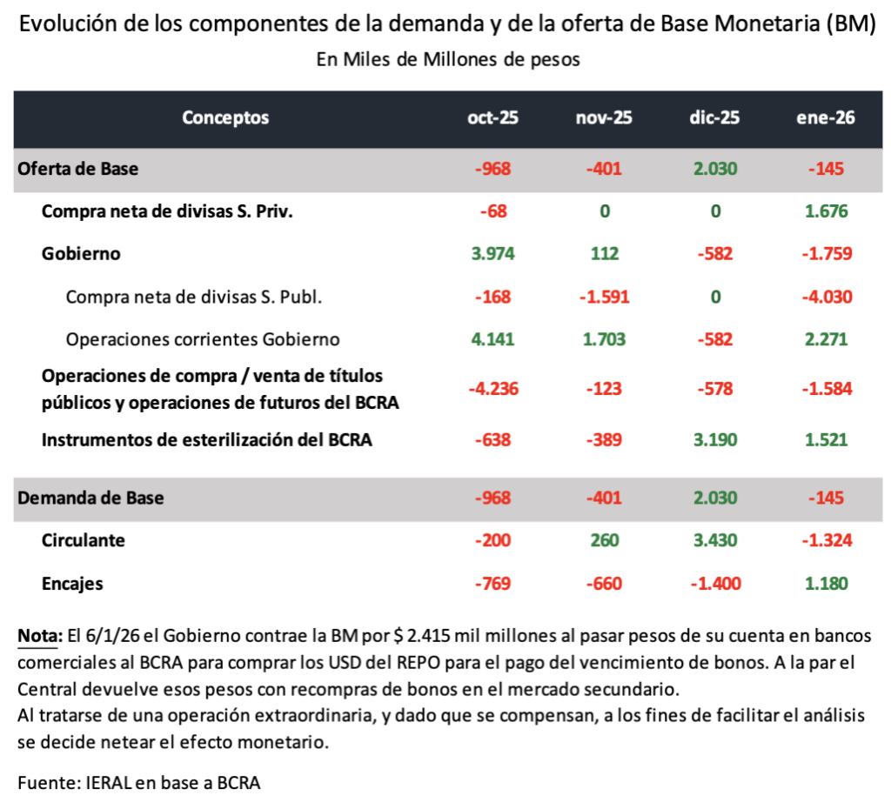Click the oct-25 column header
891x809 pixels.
pos(492,118)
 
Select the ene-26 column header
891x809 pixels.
pos(825,118)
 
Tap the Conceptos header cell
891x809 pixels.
pos(225,118)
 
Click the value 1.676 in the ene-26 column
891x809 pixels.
pos(825,211)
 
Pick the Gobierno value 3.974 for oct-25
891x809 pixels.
pos(492,253)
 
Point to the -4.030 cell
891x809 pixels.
pos(825,296)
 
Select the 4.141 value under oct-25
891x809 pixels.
pos(492,338)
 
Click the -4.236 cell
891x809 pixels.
pos(492,389)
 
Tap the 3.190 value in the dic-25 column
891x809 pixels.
pos(714,439)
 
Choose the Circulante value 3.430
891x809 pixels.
pos(714,540)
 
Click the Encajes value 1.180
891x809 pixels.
pos(825,583)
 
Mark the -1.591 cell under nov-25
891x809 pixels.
pos(604,296)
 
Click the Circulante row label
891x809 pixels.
pos(84,540)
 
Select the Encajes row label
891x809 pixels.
pos(72,583)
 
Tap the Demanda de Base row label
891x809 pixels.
pos(90,498)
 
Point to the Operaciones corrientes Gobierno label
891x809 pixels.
pos(203,338)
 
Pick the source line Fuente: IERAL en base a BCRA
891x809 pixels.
pos(139,782)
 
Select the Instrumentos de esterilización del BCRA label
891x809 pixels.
pos(207,439)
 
